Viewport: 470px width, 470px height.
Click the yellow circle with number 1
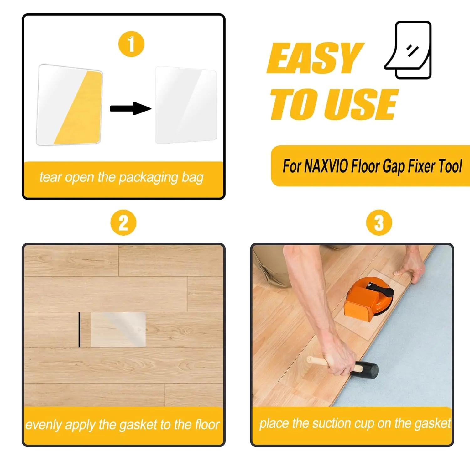(131, 44)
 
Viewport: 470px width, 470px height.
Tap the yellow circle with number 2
(123, 223)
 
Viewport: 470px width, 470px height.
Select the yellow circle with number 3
(379, 223)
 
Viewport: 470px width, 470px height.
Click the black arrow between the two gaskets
(131, 108)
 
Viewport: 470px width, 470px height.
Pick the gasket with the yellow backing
(70, 105)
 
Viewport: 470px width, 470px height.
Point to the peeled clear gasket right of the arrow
(186, 105)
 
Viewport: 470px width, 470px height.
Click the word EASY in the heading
(315, 58)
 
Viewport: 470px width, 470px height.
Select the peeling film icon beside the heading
(408, 50)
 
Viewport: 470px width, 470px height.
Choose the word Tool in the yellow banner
(450, 166)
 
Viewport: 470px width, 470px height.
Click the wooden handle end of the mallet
(310, 359)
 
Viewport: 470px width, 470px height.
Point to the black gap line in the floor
(79, 330)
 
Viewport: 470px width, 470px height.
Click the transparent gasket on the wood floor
(118, 329)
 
